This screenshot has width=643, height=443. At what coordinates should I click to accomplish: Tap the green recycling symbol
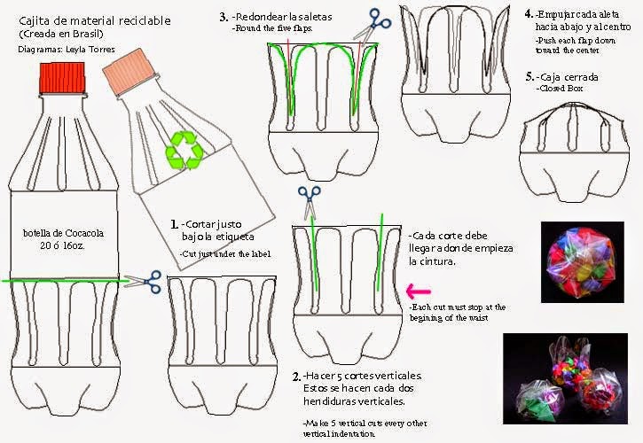pyautogui.click(x=188, y=148)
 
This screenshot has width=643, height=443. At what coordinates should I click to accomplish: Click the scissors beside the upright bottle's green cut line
pyautogui.click(x=147, y=281)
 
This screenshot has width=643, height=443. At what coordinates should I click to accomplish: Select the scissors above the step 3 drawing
pyautogui.click(x=378, y=20)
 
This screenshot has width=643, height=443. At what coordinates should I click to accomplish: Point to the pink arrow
pyautogui.click(x=417, y=289)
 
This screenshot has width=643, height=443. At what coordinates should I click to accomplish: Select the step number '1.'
pyautogui.click(x=175, y=225)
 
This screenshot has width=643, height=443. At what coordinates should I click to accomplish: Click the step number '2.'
pyautogui.click(x=297, y=377)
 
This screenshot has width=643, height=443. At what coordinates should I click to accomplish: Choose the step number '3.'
pyautogui.click(x=223, y=16)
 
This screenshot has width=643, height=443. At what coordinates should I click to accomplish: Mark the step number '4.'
pyautogui.click(x=529, y=15)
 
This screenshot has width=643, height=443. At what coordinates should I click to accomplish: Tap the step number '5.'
pyautogui.click(x=529, y=77)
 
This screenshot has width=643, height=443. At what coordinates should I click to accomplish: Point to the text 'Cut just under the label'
pyautogui.click(x=222, y=254)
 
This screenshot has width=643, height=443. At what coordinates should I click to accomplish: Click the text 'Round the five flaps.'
pyautogui.click(x=272, y=28)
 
